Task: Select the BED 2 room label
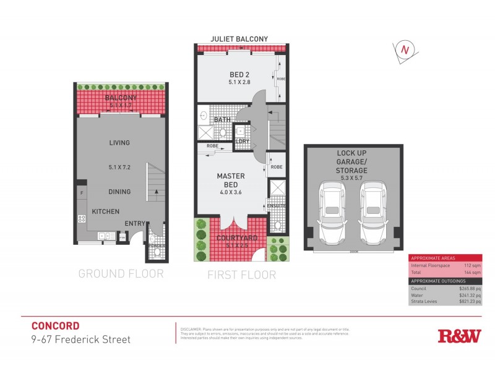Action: (x=237, y=77)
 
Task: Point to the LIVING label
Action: (x=119, y=143)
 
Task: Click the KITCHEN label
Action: (x=106, y=211)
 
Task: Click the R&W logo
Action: (x=459, y=336)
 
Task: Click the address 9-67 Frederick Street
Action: (x=80, y=339)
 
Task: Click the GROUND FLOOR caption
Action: (x=121, y=274)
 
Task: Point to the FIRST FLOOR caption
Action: (x=241, y=275)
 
